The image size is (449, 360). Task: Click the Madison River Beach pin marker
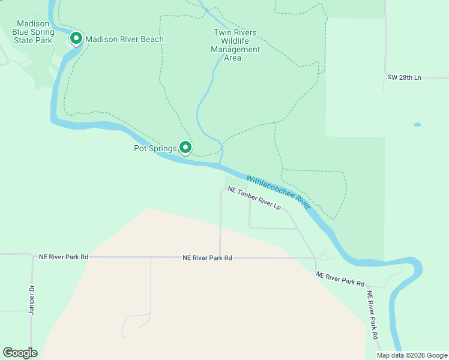point(76,39)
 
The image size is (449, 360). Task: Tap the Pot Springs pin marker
point(186,147)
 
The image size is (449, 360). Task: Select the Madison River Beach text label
point(124,40)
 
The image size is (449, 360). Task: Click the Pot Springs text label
point(155,148)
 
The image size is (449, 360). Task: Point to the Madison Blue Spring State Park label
point(34,32)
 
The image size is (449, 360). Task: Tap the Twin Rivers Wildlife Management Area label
point(235,45)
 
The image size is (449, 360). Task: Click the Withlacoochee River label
point(278,192)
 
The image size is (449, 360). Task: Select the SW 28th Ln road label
point(405,78)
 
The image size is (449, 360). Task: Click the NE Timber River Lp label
point(255,198)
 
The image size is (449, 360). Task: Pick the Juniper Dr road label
point(32,299)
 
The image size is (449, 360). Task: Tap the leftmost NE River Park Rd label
point(63,257)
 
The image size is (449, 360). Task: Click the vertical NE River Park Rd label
point(373,316)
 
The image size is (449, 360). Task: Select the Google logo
point(20,353)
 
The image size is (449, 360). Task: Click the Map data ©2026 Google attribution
point(411,355)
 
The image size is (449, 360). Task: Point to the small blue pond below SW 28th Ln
point(417,125)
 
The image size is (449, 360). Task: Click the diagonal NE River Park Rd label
point(340,279)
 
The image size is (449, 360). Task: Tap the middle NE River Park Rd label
point(207,257)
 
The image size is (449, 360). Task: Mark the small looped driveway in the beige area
point(135,323)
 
